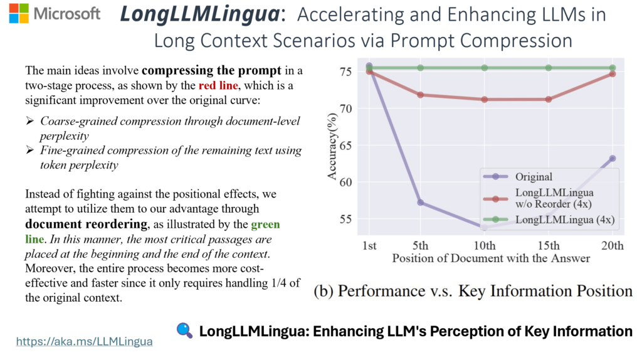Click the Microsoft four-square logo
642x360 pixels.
coord(18,14)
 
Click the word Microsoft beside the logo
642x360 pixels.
coord(68,14)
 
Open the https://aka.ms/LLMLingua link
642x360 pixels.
coord(84,341)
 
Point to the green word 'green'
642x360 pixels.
coord(265,224)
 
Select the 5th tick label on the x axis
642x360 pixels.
coord(420,245)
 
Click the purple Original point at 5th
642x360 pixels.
coord(420,203)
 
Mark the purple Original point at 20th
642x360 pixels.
coord(612,158)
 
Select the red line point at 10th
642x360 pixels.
coord(485,99)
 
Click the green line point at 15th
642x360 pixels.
coord(549,68)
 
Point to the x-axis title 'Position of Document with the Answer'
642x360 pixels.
coord(491,258)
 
